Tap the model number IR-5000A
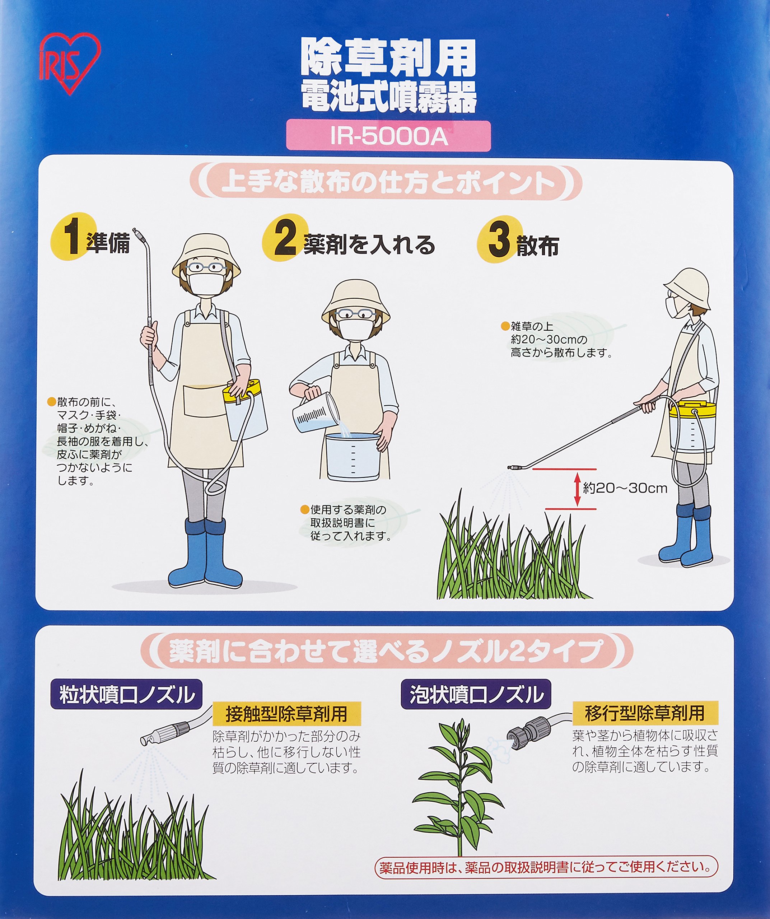pyautogui.click(x=388, y=136)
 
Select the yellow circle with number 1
pyautogui.click(x=72, y=237)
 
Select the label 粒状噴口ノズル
pyautogui.click(x=127, y=695)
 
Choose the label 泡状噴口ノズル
pyautogui.click(x=476, y=695)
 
